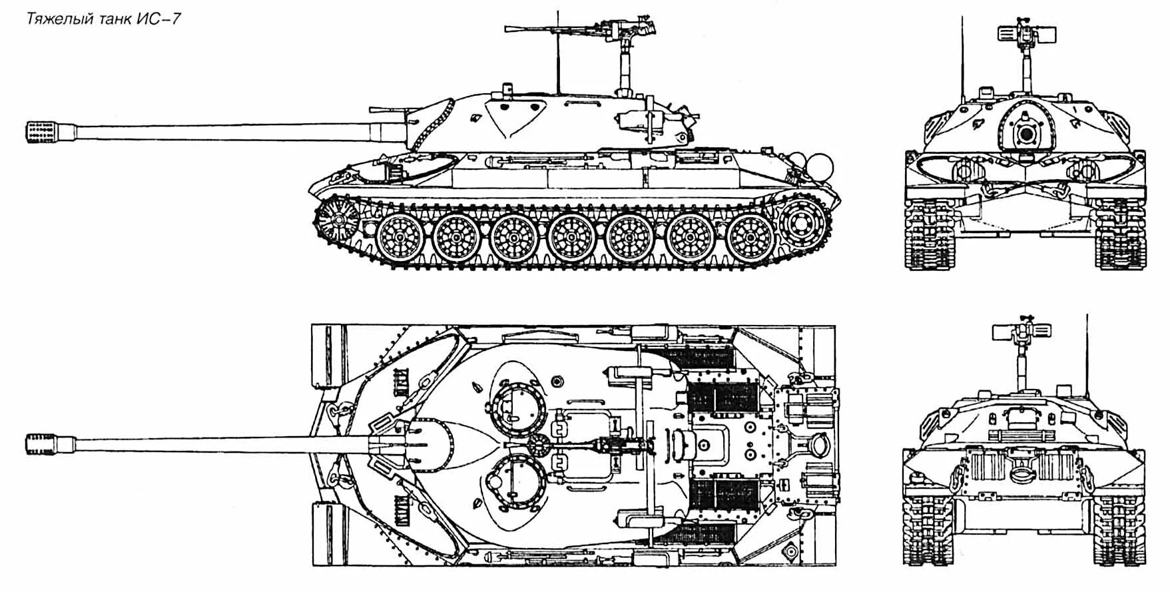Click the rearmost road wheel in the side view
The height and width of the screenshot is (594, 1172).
pos(750,238)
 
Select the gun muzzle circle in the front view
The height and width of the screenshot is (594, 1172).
pos(1025,135)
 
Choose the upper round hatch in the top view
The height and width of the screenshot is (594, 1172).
pos(518,406)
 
